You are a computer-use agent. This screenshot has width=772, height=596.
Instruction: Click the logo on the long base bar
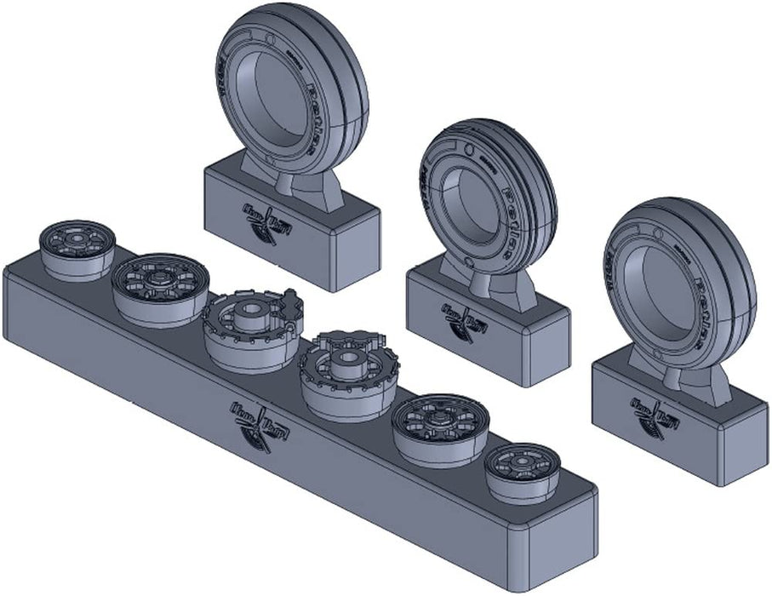(253, 423)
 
